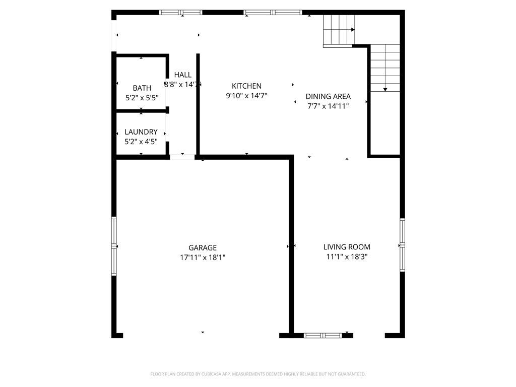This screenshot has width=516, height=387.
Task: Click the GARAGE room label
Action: coord(203,247)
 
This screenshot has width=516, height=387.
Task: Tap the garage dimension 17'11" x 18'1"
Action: coord(203,257)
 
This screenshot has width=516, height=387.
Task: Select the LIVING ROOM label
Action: coord(347,247)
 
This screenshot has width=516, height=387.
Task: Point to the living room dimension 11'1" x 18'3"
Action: coord(347,256)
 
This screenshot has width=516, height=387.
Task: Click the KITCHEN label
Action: coord(246,86)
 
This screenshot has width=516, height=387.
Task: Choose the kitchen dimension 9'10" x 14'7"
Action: coord(246,95)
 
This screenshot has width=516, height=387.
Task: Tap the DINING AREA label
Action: coord(328,96)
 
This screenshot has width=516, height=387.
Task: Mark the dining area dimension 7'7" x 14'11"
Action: coord(328,106)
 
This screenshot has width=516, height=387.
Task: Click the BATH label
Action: coord(142,88)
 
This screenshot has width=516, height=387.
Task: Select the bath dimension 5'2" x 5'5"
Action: coord(142,98)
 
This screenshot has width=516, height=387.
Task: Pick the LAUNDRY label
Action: coord(141,132)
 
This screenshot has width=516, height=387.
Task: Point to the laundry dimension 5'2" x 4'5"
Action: coord(141,142)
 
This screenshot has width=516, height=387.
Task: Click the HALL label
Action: coord(183,75)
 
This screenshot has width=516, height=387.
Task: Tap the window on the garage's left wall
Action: coord(114,246)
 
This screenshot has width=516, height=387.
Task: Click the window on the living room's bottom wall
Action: coord(322,335)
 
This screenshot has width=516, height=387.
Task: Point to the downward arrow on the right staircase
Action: coord(385,89)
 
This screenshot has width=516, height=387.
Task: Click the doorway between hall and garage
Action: coord(182,157)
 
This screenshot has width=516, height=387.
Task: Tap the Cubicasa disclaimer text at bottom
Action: coord(258,374)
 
